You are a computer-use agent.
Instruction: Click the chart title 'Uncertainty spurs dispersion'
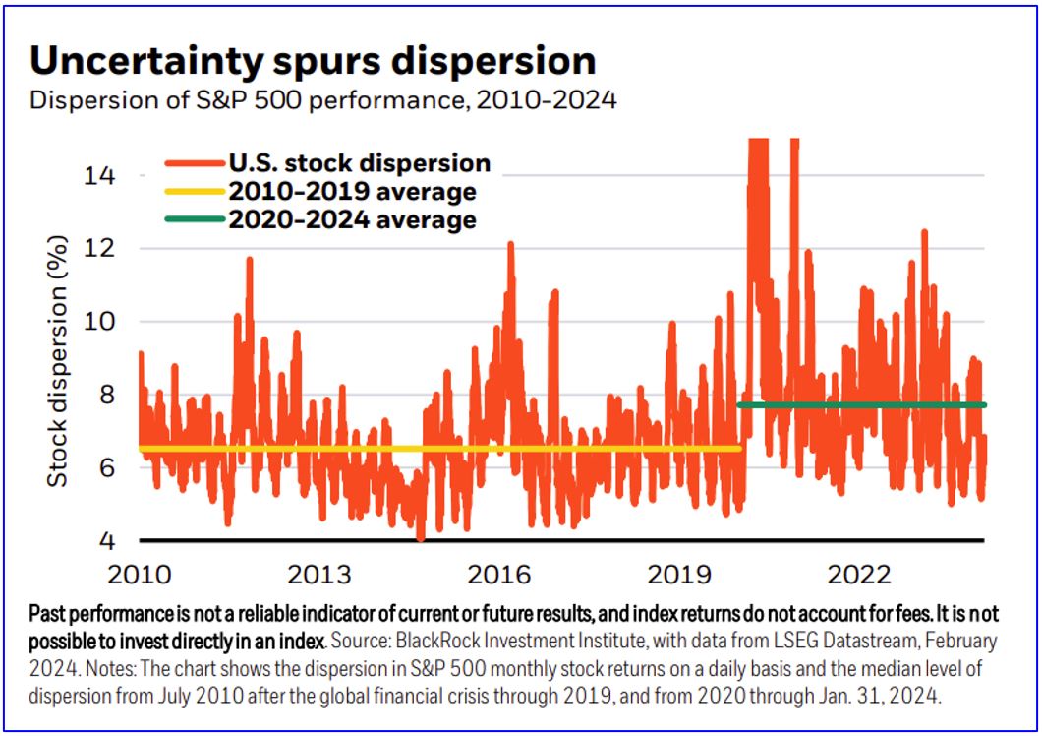point(313,61)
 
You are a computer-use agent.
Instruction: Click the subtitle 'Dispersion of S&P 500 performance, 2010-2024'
point(323,100)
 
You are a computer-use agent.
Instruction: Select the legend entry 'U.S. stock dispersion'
point(359,162)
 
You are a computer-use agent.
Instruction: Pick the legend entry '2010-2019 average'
point(352,191)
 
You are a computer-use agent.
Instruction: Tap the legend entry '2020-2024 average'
point(352,219)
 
